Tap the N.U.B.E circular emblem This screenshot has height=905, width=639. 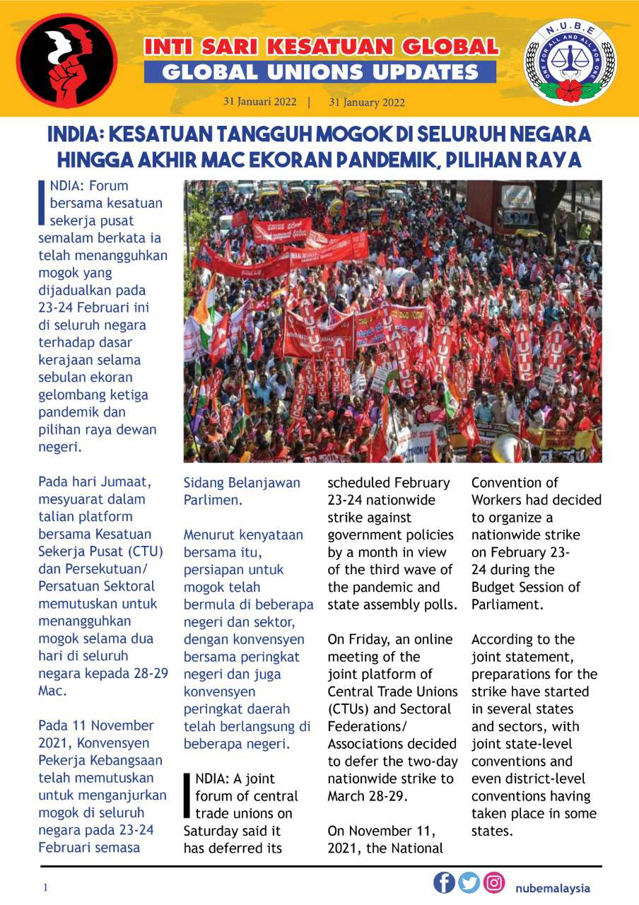coord(569,63)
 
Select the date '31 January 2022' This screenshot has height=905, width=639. coord(367,102)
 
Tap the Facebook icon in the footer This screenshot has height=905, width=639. coord(445,882)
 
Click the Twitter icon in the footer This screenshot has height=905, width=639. coord(469,882)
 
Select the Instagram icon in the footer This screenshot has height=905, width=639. coord(494,882)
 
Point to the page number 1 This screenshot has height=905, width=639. coord(45,888)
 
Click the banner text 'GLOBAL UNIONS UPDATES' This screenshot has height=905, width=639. coord(320,72)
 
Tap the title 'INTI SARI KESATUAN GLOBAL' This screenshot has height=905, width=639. coord(321,47)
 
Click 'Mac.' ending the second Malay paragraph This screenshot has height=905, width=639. coord(51,691)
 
